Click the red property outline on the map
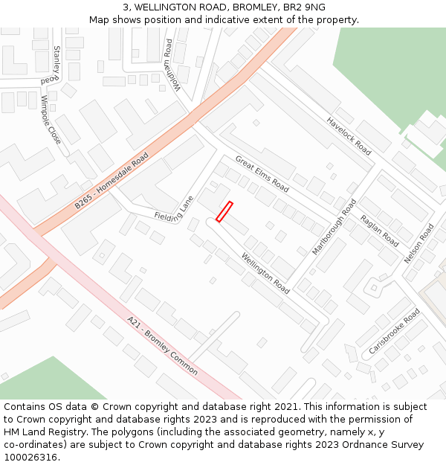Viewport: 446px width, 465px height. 224,211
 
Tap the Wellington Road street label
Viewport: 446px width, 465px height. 265,273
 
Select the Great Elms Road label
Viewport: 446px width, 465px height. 262,174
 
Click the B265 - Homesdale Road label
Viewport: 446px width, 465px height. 111,181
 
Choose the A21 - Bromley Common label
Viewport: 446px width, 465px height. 162,345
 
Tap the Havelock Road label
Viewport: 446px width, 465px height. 349,136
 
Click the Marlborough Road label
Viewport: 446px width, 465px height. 334,227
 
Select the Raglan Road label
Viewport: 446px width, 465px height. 379,231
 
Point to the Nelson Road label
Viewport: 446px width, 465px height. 418,244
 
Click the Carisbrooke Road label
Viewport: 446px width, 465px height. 394,331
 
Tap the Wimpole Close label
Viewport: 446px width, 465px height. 51,119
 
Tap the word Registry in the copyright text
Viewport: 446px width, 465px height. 83,432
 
